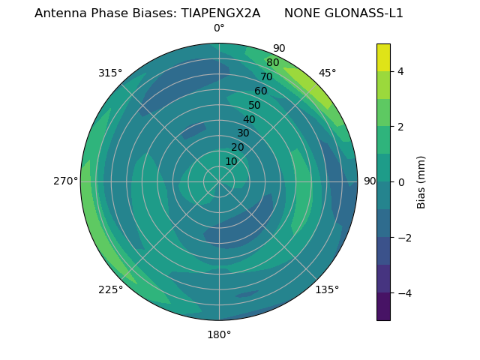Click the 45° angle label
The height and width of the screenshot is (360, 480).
(327, 73)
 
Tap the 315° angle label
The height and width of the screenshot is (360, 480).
(110, 73)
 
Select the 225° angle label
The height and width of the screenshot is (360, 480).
(110, 290)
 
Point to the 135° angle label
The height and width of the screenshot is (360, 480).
(327, 290)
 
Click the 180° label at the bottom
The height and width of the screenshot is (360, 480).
(219, 334)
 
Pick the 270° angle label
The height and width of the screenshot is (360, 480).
(66, 181)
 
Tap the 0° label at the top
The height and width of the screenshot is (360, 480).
(219, 28)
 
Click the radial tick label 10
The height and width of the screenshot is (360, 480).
(231, 161)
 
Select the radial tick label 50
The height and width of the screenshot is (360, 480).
(254, 105)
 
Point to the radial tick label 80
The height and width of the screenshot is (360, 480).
(272, 63)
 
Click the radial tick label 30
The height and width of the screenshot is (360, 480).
(242, 133)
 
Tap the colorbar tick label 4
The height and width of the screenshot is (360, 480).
(401, 71)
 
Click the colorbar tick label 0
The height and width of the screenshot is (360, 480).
(401, 182)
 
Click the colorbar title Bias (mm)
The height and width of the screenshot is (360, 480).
(421, 181)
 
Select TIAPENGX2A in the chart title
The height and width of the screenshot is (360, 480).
(220, 13)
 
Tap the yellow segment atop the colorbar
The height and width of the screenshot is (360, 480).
(383, 57)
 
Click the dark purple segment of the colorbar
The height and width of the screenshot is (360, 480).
(383, 307)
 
